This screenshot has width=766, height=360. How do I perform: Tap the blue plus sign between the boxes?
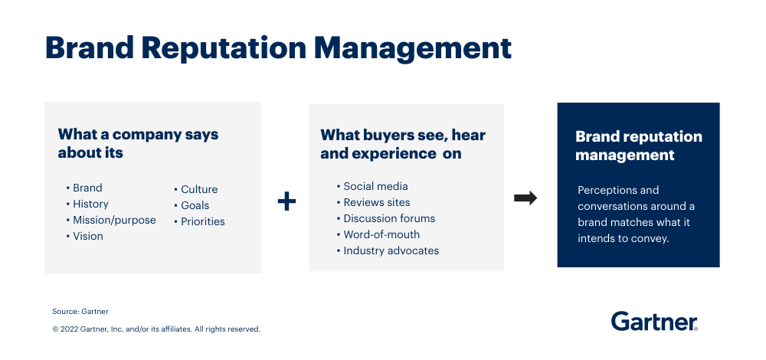pos(286,201)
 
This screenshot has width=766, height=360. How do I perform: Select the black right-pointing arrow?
pos(525,198)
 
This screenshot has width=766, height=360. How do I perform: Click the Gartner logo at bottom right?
pos(653,322)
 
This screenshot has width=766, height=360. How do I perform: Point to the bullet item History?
pos(90,205)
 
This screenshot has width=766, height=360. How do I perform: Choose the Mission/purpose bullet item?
pos(114,221)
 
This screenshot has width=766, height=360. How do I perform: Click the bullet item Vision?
pos(88,237)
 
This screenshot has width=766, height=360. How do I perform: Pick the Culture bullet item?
pos(199,189)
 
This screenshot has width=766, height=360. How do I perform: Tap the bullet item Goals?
pos(195,205)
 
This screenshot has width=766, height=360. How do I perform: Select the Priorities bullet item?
pos(203,222)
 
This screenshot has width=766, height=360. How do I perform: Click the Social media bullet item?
pos(375,187)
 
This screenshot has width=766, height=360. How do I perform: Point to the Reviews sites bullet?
pos(377,203)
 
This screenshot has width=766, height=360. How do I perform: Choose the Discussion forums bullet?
pos(389,219)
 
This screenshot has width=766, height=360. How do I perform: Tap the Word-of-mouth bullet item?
pos(381,235)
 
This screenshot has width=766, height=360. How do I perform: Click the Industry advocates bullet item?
pos(391,251)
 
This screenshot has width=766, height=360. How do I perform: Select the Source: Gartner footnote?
pos(80,312)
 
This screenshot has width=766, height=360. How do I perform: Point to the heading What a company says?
pos(138,135)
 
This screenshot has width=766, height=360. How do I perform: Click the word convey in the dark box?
pos(651,239)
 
